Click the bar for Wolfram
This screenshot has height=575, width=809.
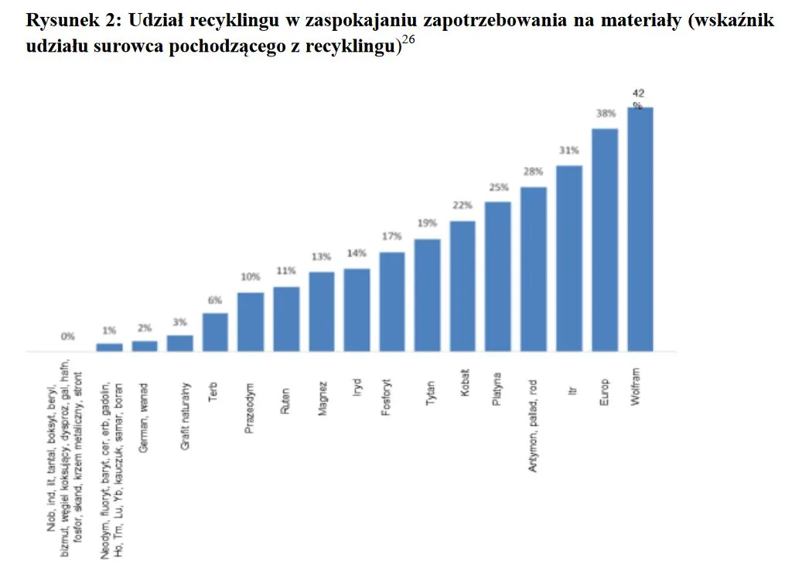(x=640, y=230)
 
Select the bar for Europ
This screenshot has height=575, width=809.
(x=605, y=240)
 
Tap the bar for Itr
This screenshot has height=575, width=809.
(x=569, y=259)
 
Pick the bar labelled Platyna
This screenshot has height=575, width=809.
(x=498, y=277)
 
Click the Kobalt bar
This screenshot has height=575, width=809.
(x=463, y=287)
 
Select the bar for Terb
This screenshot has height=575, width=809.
(x=215, y=332)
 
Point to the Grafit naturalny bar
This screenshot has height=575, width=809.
(x=180, y=343)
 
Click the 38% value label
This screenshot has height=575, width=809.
(x=605, y=114)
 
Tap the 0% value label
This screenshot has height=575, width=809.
(x=68, y=337)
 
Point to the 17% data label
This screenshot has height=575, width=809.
(x=392, y=236)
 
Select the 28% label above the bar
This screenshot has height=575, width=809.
(x=534, y=172)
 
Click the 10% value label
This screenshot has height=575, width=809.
(x=250, y=277)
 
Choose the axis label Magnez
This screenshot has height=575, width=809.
(x=323, y=399)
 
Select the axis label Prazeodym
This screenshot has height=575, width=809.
(x=250, y=407)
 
